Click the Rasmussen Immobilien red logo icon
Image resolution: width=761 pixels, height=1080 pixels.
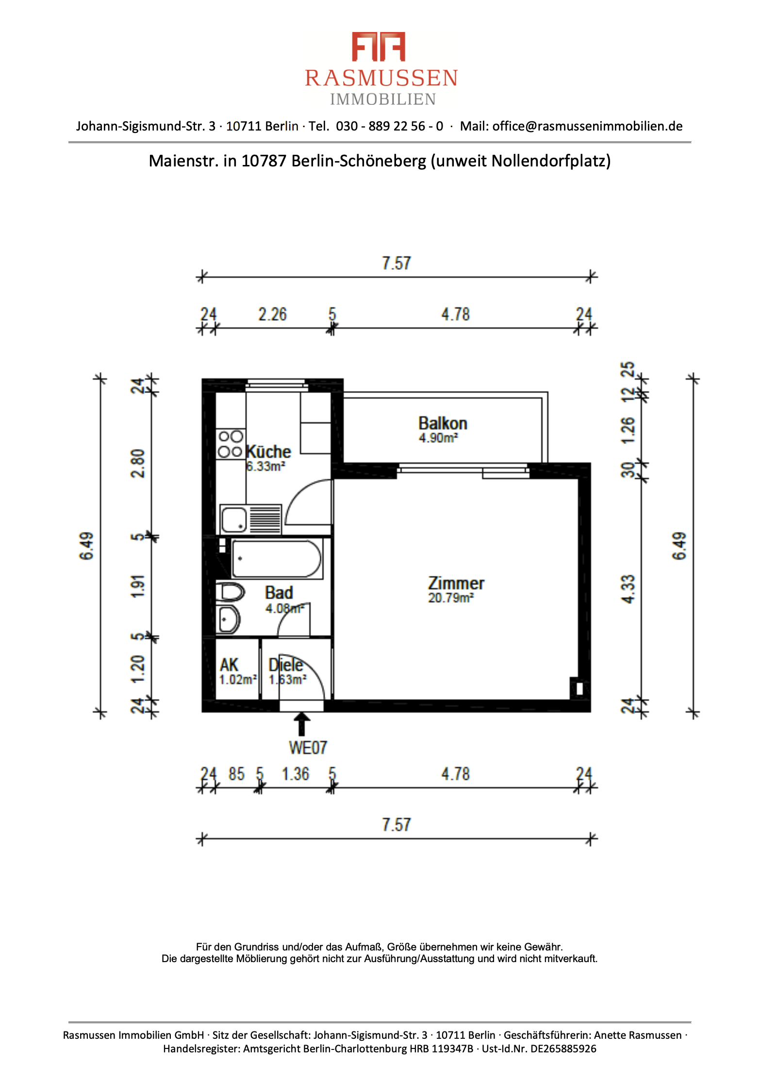(378, 47)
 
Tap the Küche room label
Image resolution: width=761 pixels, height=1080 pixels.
(268, 452)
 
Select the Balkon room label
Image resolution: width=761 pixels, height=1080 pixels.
(443, 423)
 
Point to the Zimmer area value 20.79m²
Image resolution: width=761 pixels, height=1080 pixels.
(451, 598)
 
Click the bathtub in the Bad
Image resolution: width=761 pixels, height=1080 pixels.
(277, 558)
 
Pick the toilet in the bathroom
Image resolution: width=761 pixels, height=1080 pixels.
(230, 592)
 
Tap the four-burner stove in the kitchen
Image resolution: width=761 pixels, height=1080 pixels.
(231, 444)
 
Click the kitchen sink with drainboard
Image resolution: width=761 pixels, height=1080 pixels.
(250, 519)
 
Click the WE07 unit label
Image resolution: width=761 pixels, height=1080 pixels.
(308, 748)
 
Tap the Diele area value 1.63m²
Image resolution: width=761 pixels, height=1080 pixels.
(288, 680)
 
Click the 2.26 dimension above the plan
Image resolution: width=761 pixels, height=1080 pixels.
(272, 314)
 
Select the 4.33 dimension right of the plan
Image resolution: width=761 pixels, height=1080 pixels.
(628, 589)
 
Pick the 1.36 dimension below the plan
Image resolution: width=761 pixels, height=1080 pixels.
(296, 774)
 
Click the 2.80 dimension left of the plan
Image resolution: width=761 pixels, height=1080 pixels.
(138, 463)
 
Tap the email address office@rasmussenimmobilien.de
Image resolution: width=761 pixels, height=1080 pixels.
(587, 126)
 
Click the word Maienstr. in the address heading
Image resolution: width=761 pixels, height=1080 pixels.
(184, 161)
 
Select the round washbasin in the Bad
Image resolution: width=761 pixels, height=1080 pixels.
(228, 619)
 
